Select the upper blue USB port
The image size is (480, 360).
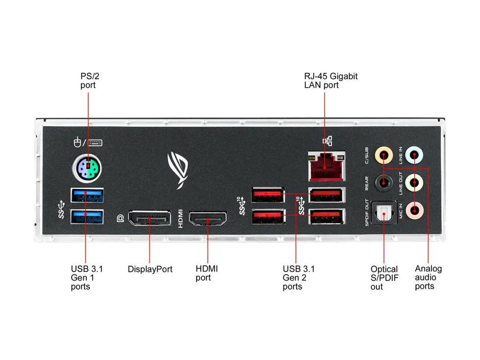87,195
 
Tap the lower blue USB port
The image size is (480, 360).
87,217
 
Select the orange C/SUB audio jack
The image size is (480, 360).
385,154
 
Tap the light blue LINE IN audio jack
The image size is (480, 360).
414,154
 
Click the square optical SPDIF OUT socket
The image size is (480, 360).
384,214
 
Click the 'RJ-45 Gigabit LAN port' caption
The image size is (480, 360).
330,81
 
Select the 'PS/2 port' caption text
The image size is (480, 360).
88,81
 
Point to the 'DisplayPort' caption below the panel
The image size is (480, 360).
150,270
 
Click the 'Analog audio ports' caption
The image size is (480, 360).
428,277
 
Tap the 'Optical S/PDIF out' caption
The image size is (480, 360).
384,277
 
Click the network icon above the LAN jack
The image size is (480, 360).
327,141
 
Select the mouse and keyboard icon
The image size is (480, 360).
88,142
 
